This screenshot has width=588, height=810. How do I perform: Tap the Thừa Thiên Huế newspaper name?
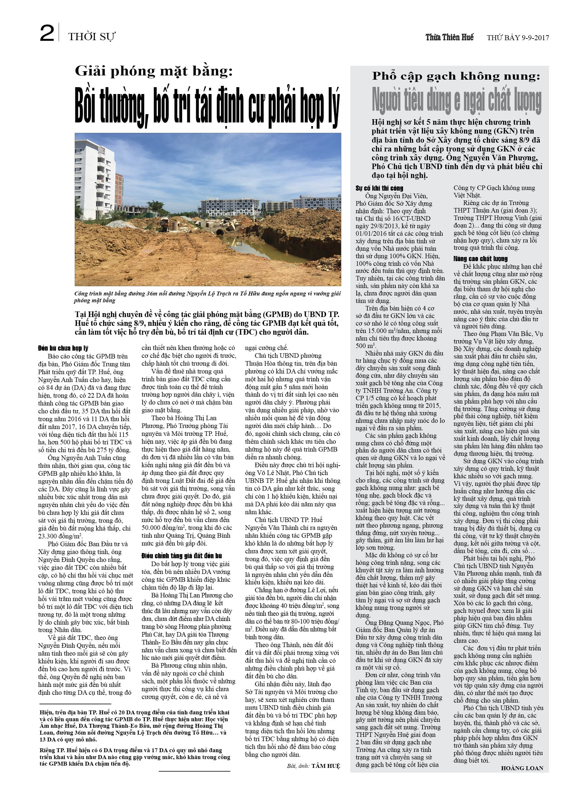[x=449, y=37]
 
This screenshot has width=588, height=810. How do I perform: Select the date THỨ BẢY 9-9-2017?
[x=518, y=38]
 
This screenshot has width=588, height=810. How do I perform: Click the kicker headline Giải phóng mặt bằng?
[x=154, y=71]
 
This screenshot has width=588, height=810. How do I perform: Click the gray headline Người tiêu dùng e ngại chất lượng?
[x=456, y=101]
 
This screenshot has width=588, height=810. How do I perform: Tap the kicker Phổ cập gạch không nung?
[x=456, y=76]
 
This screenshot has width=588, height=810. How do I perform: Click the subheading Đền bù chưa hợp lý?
[x=63, y=348]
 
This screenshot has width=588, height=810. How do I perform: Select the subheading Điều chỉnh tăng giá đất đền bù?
[x=181, y=556]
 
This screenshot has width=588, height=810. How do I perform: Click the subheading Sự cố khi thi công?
[x=379, y=188]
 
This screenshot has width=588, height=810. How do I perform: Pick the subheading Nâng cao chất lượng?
[x=480, y=259]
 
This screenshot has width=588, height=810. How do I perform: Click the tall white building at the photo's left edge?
[x=94, y=182]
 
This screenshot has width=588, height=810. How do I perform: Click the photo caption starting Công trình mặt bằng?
[x=207, y=297]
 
